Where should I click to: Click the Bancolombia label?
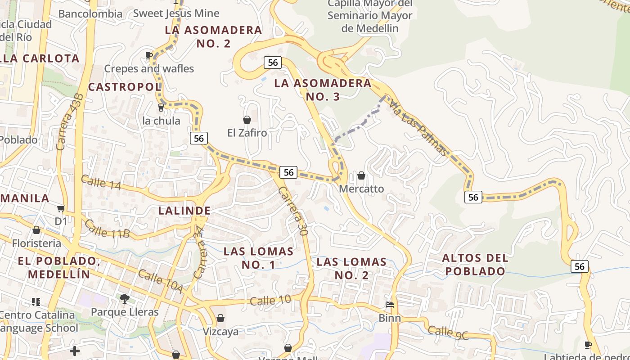tap(90, 14)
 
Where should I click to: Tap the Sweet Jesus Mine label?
tap(176, 13)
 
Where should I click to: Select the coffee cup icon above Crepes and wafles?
tap(148, 56)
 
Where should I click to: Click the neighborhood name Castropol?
tap(125, 87)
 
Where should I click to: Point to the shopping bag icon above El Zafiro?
tap(247, 120)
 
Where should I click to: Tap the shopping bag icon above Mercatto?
tap(361, 175)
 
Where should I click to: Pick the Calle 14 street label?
tap(101, 182)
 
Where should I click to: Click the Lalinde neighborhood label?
tap(184, 211)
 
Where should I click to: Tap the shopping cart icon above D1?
tap(61, 208)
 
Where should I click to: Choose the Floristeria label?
tap(36, 243)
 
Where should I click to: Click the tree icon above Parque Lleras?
tap(125, 298)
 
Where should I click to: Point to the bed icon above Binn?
tap(390, 305)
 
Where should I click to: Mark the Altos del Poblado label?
tap(475, 265)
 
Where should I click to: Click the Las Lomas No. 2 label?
tap(351, 268)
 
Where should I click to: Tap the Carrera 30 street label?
tap(292, 211)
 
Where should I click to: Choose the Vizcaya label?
tap(220, 332)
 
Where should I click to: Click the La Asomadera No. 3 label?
tap(323, 90)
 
